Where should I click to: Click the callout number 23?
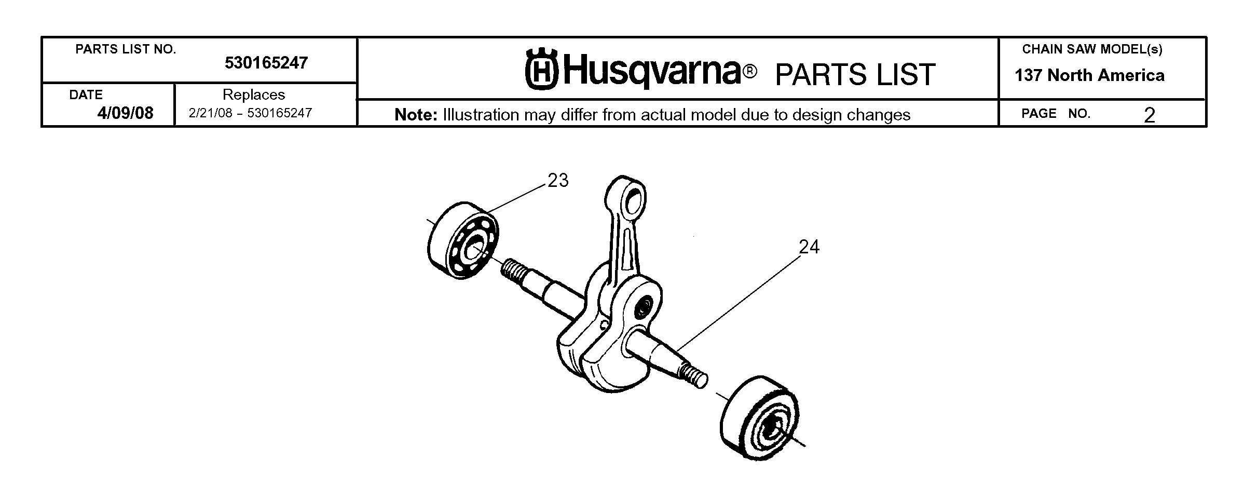[558, 181]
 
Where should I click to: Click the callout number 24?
[809, 247]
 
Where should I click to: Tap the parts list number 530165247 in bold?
[266, 63]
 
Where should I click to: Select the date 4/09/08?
[126, 113]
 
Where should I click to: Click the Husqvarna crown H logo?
[541, 69]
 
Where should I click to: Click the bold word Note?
[416, 115]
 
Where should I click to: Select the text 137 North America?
[1090, 76]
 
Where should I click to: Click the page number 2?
[1150, 115]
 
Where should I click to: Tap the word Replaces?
[254, 95]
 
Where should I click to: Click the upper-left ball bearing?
[462, 240]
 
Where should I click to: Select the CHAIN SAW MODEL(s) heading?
[1092, 49]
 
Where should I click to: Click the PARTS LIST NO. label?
[126, 49]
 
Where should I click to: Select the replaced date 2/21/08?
[210, 113]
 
